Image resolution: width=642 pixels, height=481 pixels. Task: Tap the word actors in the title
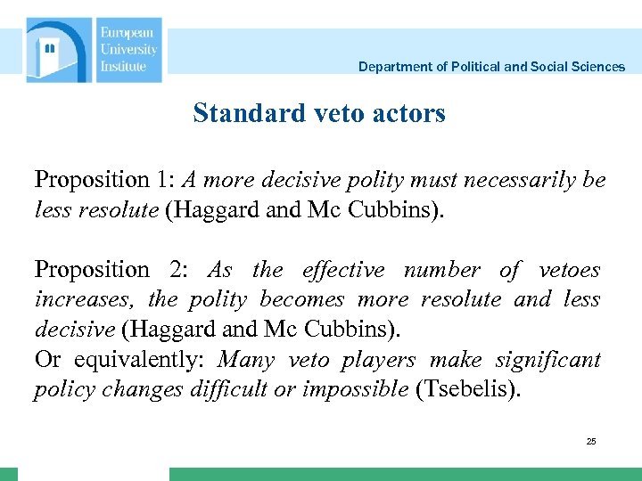(408, 114)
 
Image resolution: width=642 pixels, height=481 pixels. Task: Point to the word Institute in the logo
(123, 66)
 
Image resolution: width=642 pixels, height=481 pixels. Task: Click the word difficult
(247, 390)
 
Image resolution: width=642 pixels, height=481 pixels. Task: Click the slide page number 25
(591, 441)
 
